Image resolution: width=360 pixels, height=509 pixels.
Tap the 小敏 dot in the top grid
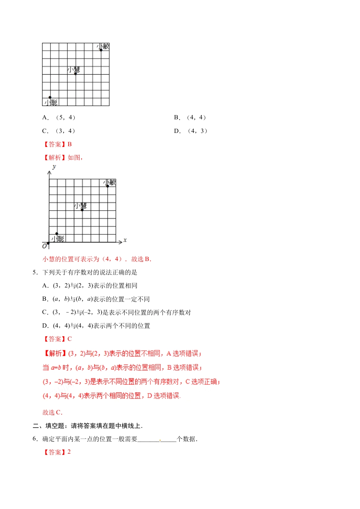coord(101,50)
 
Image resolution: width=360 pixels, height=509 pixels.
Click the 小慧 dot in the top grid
coord(75,73)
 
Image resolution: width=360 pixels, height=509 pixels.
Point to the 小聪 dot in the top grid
coord(50,97)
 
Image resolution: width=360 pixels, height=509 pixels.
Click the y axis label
coord(54,167)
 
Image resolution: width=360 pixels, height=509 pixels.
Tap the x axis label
coord(125,240)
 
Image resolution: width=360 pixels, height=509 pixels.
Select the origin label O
coord(44,246)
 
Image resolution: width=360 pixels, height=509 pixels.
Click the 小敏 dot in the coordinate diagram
coord(108,186)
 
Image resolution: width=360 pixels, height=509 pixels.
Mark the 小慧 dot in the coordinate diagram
coord(82,210)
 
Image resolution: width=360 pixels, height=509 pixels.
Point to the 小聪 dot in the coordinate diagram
coord(57,234)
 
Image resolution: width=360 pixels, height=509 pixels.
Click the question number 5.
coord(34,272)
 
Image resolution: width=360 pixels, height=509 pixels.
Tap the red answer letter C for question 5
coord(69,339)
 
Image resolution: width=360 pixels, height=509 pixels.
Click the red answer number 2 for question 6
coord(69,452)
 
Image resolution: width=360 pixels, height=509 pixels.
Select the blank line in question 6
coord(157,440)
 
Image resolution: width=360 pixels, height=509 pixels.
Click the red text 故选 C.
coord(52,412)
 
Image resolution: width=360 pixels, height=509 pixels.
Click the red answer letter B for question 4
coord(69,144)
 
